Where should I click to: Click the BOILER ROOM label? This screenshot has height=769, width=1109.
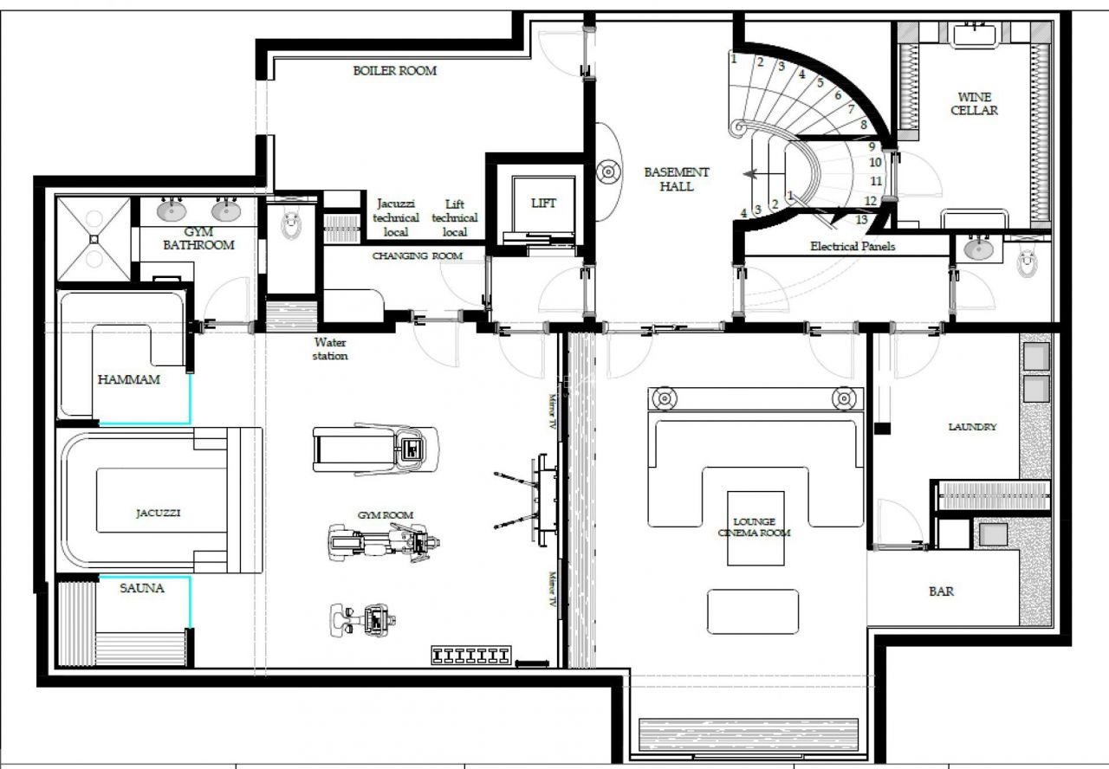[x=394, y=71]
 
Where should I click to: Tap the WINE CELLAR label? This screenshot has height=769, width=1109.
[x=974, y=104]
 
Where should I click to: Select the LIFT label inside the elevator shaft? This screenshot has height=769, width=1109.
[x=543, y=204]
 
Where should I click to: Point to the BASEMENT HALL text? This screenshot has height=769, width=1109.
[x=676, y=179]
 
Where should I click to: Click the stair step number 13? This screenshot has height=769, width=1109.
[x=861, y=219]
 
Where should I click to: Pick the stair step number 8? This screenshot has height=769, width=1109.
[x=863, y=125]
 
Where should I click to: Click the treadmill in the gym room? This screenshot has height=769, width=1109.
[x=376, y=448]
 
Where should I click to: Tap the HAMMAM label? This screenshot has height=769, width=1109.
[x=129, y=379]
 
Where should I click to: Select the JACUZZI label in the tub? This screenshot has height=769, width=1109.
[x=159, y=513]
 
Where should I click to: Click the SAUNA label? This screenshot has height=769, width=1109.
[x=142, y=588]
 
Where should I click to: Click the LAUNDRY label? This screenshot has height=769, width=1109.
[x=972, y=427]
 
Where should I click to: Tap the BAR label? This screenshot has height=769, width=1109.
[x=942, y=591]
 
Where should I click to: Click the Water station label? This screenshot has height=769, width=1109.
[x=330, y=349]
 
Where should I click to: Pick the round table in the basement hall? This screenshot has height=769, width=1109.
[x=609, y=171]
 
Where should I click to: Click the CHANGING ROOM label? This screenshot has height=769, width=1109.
[x=417, y=256]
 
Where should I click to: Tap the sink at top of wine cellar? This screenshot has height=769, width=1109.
[x=976, y=35]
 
